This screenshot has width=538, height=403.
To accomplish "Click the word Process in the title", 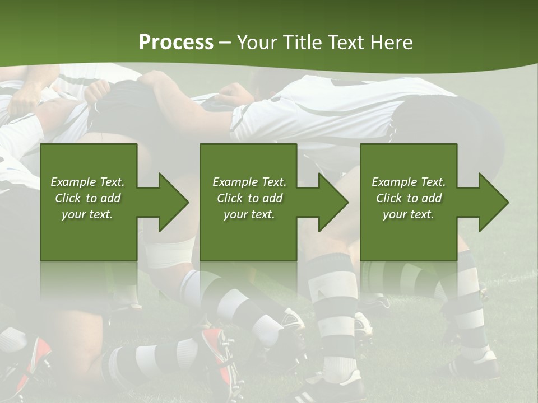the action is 176,43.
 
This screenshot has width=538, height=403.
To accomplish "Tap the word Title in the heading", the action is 304,43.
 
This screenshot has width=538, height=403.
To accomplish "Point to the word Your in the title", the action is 257,43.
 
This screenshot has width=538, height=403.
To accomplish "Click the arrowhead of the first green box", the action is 174,202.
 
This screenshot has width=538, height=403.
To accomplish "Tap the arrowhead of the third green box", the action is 494,202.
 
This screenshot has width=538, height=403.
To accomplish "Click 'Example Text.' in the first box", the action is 87,181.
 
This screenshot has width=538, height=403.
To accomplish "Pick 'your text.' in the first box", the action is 87,214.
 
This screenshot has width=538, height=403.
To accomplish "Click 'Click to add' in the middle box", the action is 250,198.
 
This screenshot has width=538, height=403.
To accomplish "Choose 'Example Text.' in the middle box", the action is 249,181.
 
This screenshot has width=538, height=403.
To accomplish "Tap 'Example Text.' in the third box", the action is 409,181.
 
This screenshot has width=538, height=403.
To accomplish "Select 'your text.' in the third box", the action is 409,214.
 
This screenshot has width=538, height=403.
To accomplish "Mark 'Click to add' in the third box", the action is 409,198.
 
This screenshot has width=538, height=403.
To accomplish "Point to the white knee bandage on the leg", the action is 170,252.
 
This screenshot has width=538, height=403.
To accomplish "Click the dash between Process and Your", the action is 225,44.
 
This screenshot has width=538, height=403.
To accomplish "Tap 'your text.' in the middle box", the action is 249,214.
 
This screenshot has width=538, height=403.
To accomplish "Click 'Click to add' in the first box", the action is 88,198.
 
